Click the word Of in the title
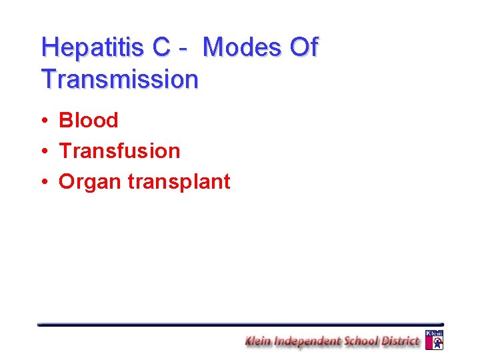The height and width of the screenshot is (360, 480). click(x=303, y=48)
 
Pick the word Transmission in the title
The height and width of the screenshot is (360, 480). click(x=119, y=79)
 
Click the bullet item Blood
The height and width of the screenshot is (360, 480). click(x=88, y=121)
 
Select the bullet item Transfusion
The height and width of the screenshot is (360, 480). click(x=119, y=151)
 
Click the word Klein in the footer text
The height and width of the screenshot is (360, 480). click(x=260, y=341)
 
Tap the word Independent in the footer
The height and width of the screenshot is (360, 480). click(x=309, y=341)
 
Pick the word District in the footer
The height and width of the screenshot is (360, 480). click(x=402, y=341)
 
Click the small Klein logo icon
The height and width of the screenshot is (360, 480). click(x=434, y=340)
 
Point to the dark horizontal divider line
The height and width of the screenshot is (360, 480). click(x=240, y=324)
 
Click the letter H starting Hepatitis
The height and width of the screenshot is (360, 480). click(x=49, y=48)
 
